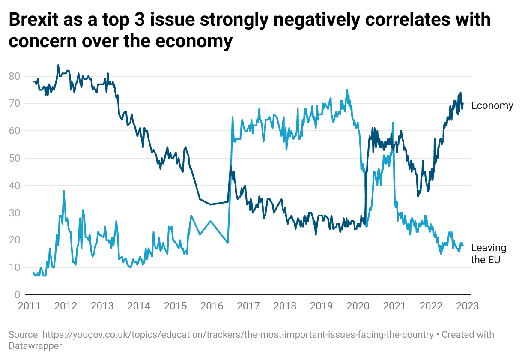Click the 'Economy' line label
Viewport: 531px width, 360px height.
click(x=492, y=105)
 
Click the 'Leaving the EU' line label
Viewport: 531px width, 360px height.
click(x=488, y=254)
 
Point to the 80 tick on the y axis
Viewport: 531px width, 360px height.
click(x=15, y=76)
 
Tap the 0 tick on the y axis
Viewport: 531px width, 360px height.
click(x=17, y=295)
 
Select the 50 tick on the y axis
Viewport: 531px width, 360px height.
click(x=15, y=158)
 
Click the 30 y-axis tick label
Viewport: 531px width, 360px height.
click(x=15, y=213)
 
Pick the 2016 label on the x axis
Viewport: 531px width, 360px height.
click(x=212, y=306)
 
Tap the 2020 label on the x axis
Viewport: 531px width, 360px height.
click(x=358, y=306)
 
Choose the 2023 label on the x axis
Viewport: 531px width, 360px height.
click(x=467, y=306)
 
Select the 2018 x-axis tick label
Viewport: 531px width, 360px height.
click(x=285, y=306)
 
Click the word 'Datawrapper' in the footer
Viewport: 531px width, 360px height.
click(x=36, y=345)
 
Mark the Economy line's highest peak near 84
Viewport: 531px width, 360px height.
click(x=58, y=66)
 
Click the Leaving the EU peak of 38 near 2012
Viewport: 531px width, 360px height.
click(x=64, y=191)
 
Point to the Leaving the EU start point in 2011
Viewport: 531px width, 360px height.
click(x=33, y=273)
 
